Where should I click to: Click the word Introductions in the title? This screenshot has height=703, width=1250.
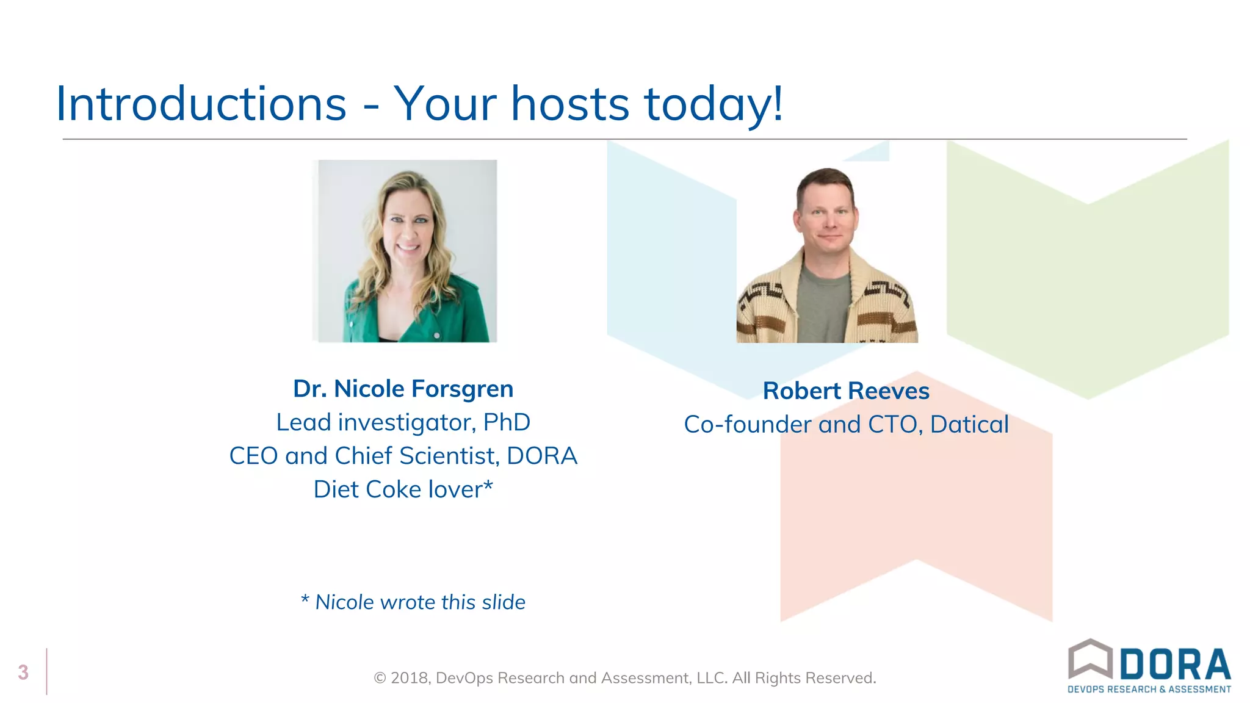point(201,104)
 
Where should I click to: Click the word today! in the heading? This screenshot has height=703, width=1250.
point(713,104)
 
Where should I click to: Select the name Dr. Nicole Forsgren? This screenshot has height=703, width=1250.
point(403,389)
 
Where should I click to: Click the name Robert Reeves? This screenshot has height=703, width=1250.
point(846,391)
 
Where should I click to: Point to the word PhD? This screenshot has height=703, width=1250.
point(507,422)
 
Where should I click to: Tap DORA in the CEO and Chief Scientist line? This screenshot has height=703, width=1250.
point(541,456)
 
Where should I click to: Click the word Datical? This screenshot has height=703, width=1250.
point(969,425)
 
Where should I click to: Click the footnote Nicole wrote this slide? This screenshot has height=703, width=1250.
point(420,602)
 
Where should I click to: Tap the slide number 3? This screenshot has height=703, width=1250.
point(23,672)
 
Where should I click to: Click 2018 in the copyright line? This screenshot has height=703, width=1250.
point(410,678)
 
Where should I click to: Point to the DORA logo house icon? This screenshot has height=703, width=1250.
point(1090,658)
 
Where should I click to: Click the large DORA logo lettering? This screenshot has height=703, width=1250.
point(1175,665)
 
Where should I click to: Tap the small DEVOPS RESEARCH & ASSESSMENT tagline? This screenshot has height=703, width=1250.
point(1149,690)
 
